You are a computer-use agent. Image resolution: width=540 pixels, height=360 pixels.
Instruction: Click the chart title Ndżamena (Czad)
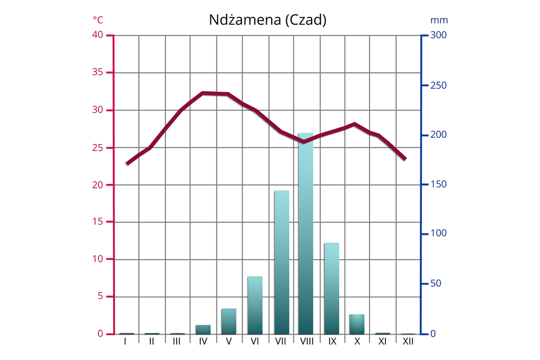(x=268, y=20)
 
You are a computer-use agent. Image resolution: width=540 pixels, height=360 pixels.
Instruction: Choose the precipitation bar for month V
(x=228, y=321)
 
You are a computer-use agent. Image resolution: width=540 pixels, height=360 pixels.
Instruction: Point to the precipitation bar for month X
(x=357, y=324)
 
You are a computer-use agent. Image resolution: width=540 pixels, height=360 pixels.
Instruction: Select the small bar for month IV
(x=203, y=329)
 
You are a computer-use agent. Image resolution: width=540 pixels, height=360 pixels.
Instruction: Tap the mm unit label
(x=439, y=20)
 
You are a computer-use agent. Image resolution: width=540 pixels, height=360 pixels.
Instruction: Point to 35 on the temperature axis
(x=98, y=73)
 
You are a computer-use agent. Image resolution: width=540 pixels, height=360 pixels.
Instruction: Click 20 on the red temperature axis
(x=98, y=184)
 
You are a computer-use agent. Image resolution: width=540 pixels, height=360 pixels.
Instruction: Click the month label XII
(x=408, y=341)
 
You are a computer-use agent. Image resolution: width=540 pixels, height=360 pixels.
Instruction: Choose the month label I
(x=125, y=341)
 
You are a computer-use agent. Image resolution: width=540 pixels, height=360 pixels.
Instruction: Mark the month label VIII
(x=307, y=341)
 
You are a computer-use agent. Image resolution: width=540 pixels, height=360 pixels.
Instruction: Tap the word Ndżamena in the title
(x=245, y=20)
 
